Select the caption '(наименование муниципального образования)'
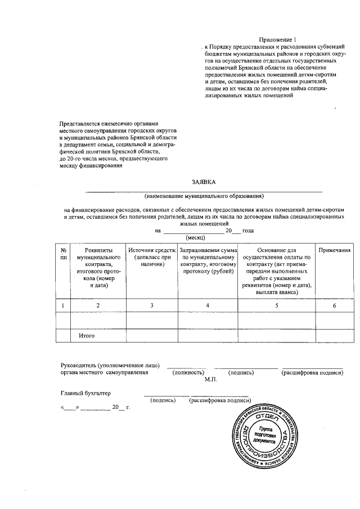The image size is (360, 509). pyautogui.click(x=204, y=196)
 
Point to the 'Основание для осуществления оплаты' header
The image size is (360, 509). pyautogui.click(x=276, y=268)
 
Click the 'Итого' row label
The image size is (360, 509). pyautogui.click(x=86, y=336)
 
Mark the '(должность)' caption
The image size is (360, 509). pyautogui.click(x=187, y=372)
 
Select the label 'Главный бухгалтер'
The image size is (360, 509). pyautogui.click(x=85, y=393)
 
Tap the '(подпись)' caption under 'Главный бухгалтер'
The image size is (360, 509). pyautogui.click(x=163, y=400)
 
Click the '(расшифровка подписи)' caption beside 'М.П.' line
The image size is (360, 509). pyautogui.click(x=313, y=372)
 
